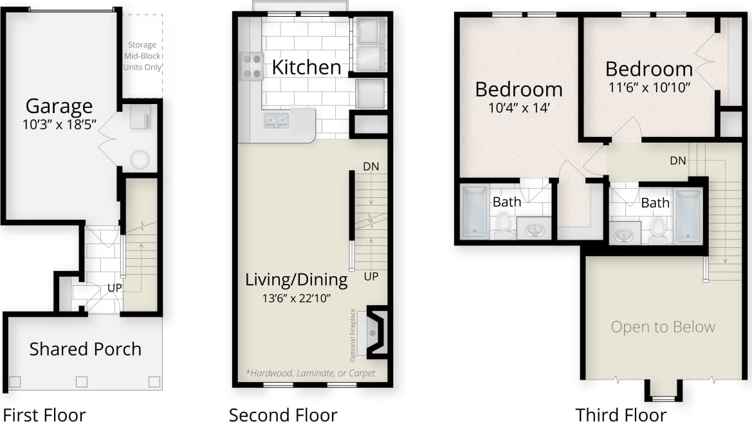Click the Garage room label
pos(59,106)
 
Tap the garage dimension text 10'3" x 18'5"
pos(59,125)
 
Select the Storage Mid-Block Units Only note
pos(142,56)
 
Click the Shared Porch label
pos(85,349)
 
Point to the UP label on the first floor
pos(115,287)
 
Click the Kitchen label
pos(306,67)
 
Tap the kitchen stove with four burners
pos(252,66)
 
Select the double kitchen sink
pos(277,120)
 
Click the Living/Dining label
pos(297,280)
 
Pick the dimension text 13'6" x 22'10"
pos(297,298)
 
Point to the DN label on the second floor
pos(371,166)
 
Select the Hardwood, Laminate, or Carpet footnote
pos(311,373)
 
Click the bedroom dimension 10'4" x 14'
pos(518,107)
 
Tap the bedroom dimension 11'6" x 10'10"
pos(649,87)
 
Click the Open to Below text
pos(663,327)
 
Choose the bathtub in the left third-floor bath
pos(475,211)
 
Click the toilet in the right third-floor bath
pos(657,229)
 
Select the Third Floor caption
pos(621,415)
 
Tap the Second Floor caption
pos(283,415)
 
